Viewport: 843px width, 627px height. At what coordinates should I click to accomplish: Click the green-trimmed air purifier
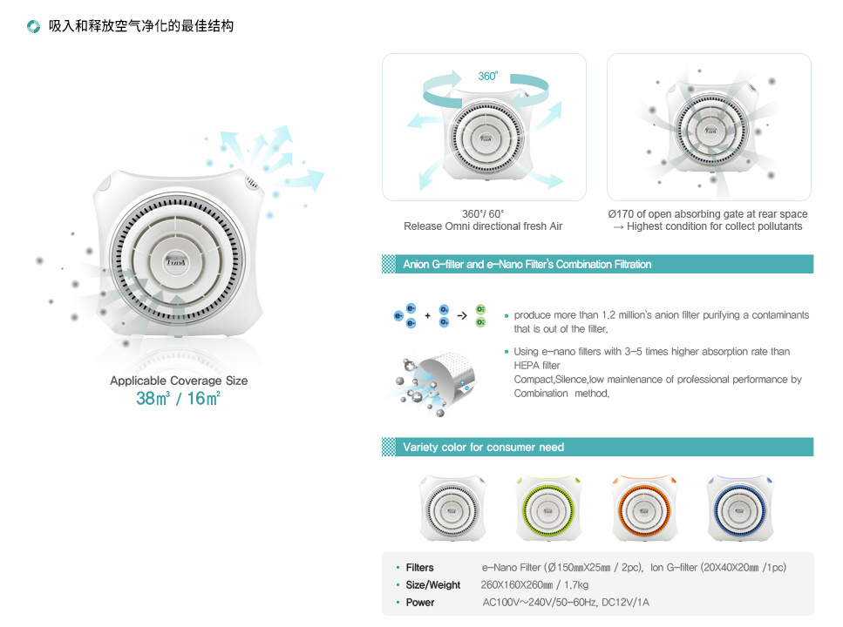point(547,509)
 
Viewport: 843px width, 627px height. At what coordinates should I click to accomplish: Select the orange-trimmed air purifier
point(644,509)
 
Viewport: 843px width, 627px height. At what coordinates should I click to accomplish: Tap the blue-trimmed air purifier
point(740,509)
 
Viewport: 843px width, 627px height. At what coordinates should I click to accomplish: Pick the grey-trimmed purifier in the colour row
point(452,509)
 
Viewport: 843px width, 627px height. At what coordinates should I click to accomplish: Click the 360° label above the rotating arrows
point(487,77)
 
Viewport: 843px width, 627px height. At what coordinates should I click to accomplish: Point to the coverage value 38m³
point(153,399)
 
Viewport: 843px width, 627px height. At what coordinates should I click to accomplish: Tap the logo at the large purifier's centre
point(176,262)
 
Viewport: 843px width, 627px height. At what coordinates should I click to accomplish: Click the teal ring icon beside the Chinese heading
point(33,26)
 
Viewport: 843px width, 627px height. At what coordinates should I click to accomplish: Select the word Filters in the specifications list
point(419,568)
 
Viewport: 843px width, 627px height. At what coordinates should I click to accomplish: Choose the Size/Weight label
point(432,585)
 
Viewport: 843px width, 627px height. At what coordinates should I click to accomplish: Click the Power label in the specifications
point(420,603)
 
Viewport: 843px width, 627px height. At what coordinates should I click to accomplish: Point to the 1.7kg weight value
point(576,585)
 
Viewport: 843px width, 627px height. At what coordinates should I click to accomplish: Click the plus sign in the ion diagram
point(427,316)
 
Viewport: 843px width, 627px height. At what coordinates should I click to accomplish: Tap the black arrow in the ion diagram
point(462,316)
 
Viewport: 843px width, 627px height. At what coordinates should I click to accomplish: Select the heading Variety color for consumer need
point(483,447)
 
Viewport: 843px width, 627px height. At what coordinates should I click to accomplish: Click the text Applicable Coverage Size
point(179,381)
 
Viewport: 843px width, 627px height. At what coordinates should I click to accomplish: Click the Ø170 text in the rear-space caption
point(621,214)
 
